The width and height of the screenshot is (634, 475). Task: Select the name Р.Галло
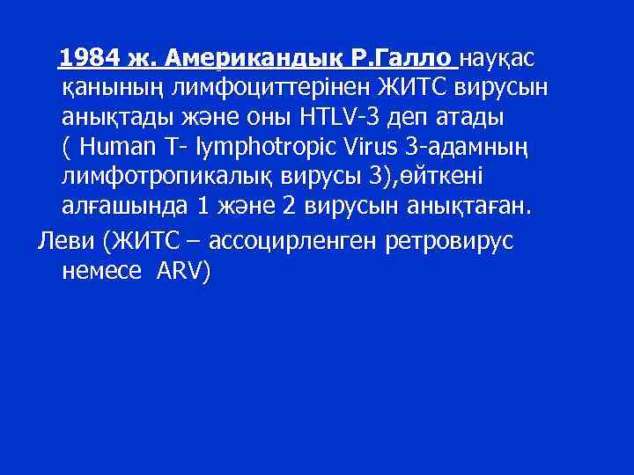click(402, 58)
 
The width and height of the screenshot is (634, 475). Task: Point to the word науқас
click(498, 58)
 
